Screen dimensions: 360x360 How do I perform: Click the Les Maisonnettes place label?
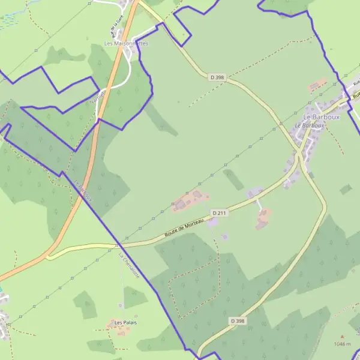pos(126,43)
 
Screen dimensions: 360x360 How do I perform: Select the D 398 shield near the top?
pos(217,77)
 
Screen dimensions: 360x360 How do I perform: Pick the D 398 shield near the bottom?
pos(238,321)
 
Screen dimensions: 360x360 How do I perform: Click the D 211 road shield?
pos(219,212)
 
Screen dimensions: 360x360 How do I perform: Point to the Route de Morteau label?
pos(185,228)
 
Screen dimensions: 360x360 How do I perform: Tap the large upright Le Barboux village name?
pos(321,117)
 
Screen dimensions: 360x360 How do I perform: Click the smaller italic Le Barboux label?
pos(309,125)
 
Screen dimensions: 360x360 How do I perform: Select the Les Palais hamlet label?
pos(126,323)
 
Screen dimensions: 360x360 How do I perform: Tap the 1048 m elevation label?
pos(342,344)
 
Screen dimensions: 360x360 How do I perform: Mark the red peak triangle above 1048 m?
pos(342,337)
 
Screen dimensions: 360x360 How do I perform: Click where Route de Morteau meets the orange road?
pos(48,256)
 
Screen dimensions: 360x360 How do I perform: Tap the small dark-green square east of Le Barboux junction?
pos(345,190)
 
